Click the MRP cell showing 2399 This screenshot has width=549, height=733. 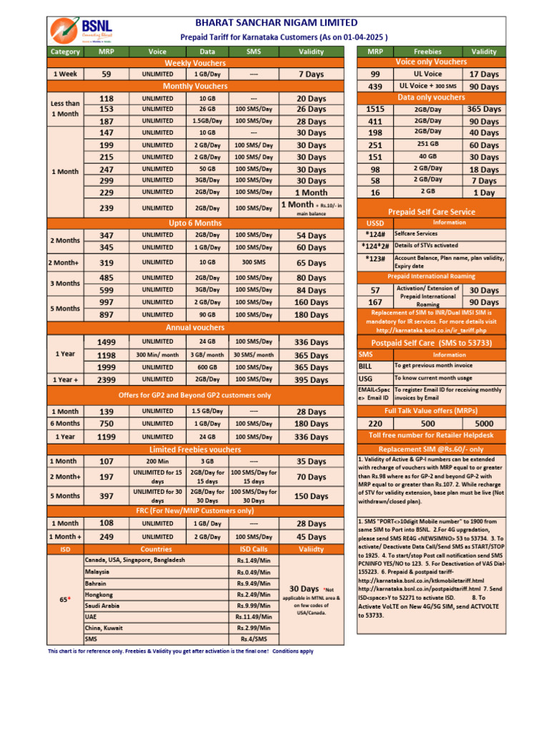(106, 379)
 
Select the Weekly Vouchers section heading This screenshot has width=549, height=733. (185, 63)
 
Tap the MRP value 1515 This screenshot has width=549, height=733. (375, 109)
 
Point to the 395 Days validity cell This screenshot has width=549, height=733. (311, 379)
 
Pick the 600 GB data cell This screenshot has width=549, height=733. (207, 367)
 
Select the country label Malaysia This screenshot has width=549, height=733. (97, 572)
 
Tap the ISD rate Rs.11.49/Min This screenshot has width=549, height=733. (254, 616)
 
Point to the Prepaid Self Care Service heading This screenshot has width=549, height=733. (431, 212)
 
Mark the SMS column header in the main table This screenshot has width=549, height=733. (254, 52)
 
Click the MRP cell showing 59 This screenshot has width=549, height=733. (106, 74)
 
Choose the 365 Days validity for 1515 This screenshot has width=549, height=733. (484, 109)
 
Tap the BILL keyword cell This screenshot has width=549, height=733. (365, 366)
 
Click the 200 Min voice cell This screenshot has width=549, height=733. (157, 461)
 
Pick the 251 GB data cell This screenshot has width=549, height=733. (427, 145)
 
